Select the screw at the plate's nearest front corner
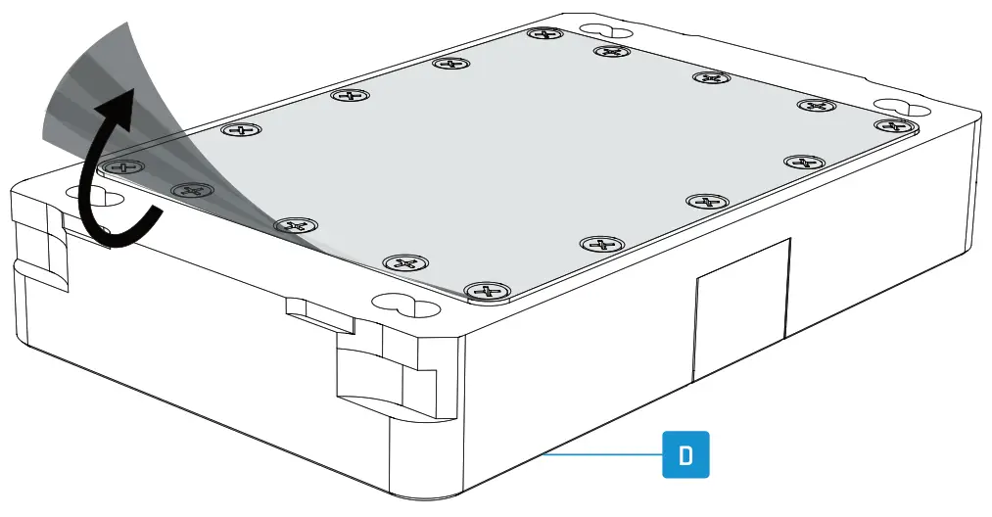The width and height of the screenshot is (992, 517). [487, 291]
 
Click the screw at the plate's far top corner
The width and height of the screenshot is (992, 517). [543, 34]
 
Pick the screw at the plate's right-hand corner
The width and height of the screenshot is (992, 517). [891, 126]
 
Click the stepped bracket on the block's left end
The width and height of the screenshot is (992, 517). [39, 255]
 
